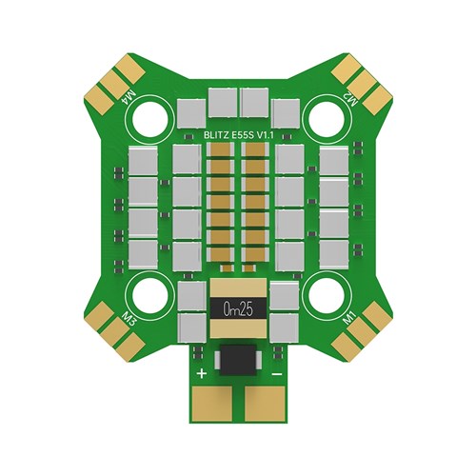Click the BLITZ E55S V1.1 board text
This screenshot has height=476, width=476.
[x=238, y=136]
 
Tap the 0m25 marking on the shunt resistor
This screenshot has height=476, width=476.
[x=238, y=309]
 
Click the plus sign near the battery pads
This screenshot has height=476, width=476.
[x=202, y=373]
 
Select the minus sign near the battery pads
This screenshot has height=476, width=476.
[x=277, y=374]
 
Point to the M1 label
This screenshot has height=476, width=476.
[x=350, y=318]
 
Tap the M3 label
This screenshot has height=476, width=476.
[x=129, y=318]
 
